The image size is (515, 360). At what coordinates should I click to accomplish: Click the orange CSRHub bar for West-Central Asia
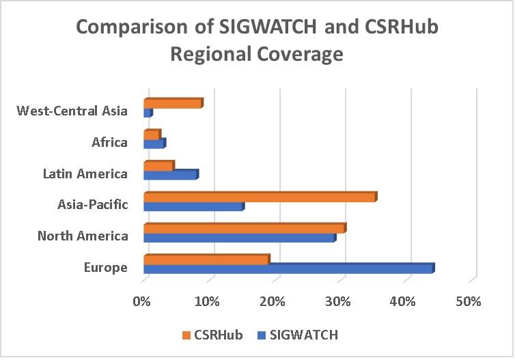(173, 103)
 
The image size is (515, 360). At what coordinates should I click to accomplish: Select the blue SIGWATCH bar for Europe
(288, 268)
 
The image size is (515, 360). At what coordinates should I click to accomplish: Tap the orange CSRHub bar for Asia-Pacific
(260, 197)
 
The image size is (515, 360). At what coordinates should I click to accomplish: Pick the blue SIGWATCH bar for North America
(239, 238)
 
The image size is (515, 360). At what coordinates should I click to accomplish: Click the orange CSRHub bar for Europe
(206, 260)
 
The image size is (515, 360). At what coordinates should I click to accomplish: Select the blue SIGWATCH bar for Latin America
(170, 175)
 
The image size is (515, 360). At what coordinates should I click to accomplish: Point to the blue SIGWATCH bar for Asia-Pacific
(193, 206)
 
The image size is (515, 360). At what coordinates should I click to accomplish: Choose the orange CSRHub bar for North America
(244, 228)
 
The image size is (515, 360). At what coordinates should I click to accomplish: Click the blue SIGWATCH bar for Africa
(154, 143)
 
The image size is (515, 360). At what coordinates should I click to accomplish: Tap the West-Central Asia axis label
(72, 111)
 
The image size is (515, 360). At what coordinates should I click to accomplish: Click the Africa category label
(109, 143)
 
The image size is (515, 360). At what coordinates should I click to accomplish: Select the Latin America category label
(85, 174)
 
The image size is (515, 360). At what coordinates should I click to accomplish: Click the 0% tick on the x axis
(142, 301)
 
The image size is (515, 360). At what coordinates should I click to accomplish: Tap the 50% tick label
(469, 301)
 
